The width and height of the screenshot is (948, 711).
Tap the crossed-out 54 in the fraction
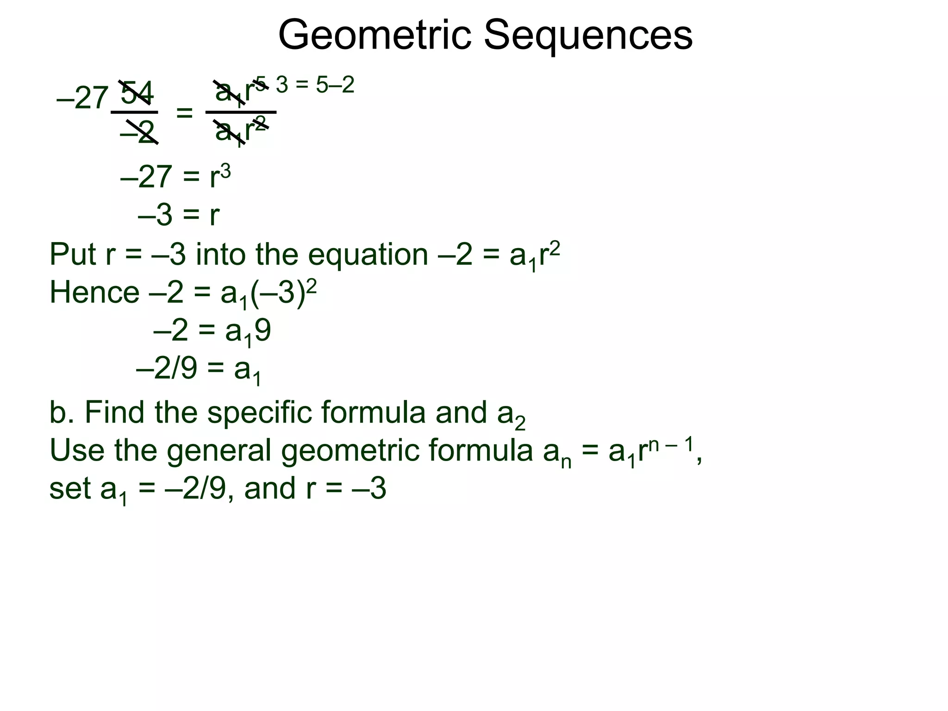(137, 93)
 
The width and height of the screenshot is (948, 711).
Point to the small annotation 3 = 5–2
(315, 85)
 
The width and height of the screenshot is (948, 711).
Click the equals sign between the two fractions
(184, 112)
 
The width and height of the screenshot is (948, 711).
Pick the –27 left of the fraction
(82, 98)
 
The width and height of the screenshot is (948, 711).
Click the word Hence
(94, 293)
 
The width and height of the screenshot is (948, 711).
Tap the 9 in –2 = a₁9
(262, 331)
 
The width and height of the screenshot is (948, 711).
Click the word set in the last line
(70, 489)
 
